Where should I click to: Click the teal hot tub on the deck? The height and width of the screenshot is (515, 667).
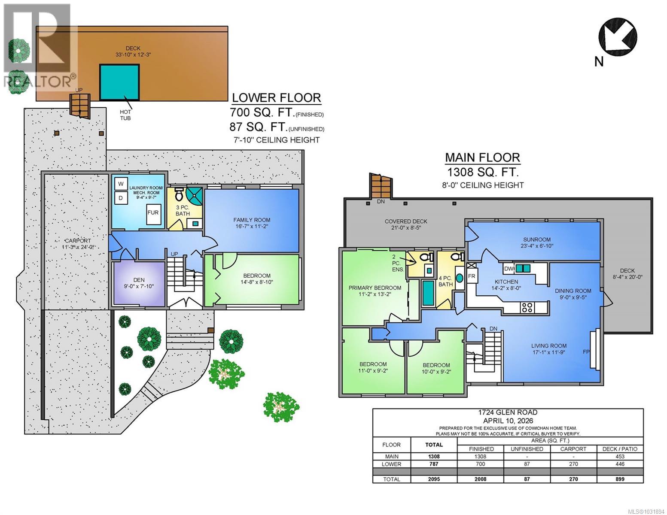pyautogui.click(x=119, y=82)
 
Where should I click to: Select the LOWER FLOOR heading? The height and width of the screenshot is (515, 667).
pyautogui.click(x=276, y=98)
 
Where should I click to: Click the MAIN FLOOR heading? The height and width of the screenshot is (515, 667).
pyautogui.click(x=482, y=158)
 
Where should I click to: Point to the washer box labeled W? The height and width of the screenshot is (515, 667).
pyautogui.click(x=121, y=184)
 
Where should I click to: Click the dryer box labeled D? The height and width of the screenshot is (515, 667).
pyautogui.click(x=121, y=198)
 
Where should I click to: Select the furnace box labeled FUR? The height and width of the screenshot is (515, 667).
pyautogui.click(x=153, y=213)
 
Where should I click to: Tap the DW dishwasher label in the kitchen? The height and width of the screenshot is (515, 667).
pyautogui.click(x=509, y=269)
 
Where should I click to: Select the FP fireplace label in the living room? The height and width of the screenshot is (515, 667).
pyautogui.click(x=586, y=352)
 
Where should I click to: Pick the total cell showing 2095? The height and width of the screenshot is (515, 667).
pyautogui.click(x=434, y=479)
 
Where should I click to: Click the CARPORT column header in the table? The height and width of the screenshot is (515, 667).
pyautogui.click(x=573, y=449)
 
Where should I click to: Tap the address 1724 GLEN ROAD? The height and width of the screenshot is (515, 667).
pyautogui.click(x=508, y=412)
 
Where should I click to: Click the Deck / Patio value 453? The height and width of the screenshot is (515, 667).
pyautogui.click(x=619, y=457)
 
